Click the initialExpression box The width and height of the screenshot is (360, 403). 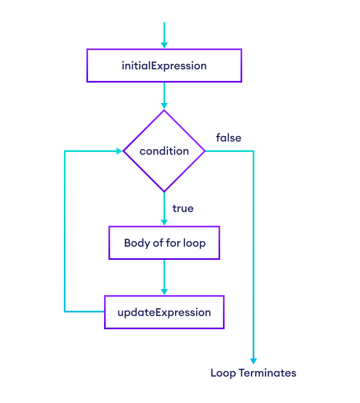click(x=164, y=66)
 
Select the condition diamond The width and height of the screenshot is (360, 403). click(x=164, y=151)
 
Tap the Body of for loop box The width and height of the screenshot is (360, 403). click(x=164, y=243)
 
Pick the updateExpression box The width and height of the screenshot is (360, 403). click(x=164, y=312)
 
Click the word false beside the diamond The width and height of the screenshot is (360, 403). click(x=228, y=138)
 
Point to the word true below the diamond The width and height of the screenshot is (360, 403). click(x=183, y=209)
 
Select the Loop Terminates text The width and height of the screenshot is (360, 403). click(x=253, y=373)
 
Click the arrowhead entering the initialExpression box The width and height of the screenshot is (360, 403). click(x=164, y=45)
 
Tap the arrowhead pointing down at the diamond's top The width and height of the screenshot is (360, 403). click(x=164, y=106)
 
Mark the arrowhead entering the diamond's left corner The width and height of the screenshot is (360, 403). click(x=119, y=151)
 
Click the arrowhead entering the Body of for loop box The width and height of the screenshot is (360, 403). click(x=164, y=222)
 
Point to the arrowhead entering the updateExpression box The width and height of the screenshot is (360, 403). click(x=164, y=291)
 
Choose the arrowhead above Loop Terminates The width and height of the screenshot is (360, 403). click(x=253, y=361)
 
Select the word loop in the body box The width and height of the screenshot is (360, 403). click(x=194, y=243)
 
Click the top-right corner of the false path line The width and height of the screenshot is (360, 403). click(x=253, y=151)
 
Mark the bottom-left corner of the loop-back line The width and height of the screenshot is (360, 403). click(x=65, y=312)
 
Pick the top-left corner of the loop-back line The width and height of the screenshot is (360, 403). click(x=65, y=151)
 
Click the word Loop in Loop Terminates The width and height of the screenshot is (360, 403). click(x=223, y=373)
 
